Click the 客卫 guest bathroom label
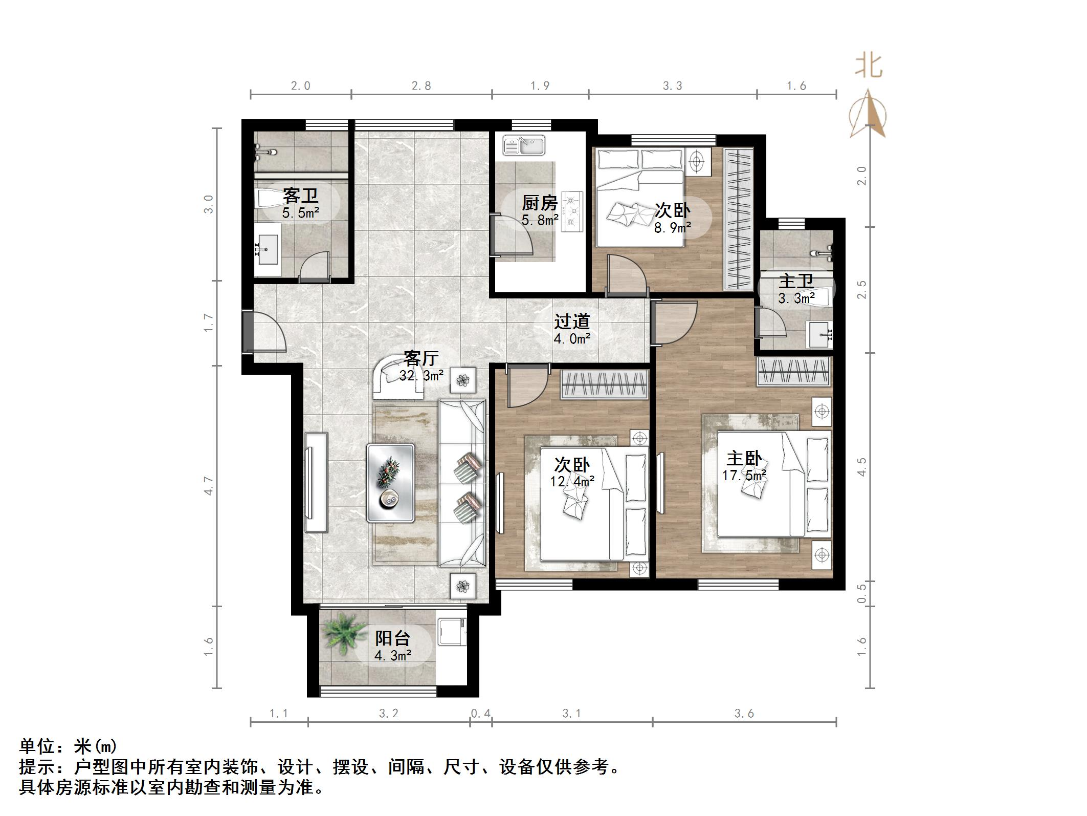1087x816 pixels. (300, 196)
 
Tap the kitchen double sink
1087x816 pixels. (523, 145)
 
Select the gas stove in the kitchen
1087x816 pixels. (572, 210)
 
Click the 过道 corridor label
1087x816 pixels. (572, 321)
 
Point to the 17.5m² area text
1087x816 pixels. (744, 476)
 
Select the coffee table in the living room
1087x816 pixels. (390, 483)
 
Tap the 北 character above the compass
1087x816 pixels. (869, 67)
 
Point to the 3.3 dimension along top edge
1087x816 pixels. (672, 86)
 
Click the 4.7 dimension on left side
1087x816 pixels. (208, 485)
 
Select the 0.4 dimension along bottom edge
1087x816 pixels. (480, 713)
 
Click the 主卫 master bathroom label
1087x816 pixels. (796, 282)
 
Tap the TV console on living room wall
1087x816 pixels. (316, 483)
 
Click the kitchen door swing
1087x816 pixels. (512, 235)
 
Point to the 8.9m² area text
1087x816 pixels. (673, 227)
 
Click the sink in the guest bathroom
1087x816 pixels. (268, 249)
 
